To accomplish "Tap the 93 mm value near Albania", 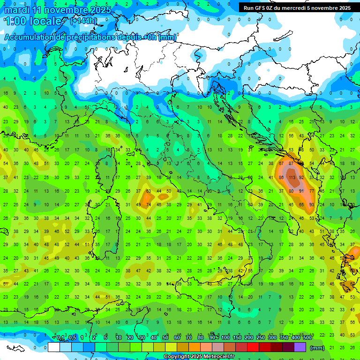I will (312, 205).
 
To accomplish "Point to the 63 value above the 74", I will (149, 191).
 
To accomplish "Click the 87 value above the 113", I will (292, 164).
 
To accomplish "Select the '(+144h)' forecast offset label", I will (84, 21).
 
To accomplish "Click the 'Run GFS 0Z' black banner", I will (296, 8).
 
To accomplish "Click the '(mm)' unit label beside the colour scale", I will (317, 348).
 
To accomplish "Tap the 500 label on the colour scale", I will (307, 338).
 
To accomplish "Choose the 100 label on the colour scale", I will (225, 338).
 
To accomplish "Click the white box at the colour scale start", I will (53, 347).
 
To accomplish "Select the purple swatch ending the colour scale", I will (301, 347).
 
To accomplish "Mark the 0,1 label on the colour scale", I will (60, 338).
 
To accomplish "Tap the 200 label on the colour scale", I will (249, 338).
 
